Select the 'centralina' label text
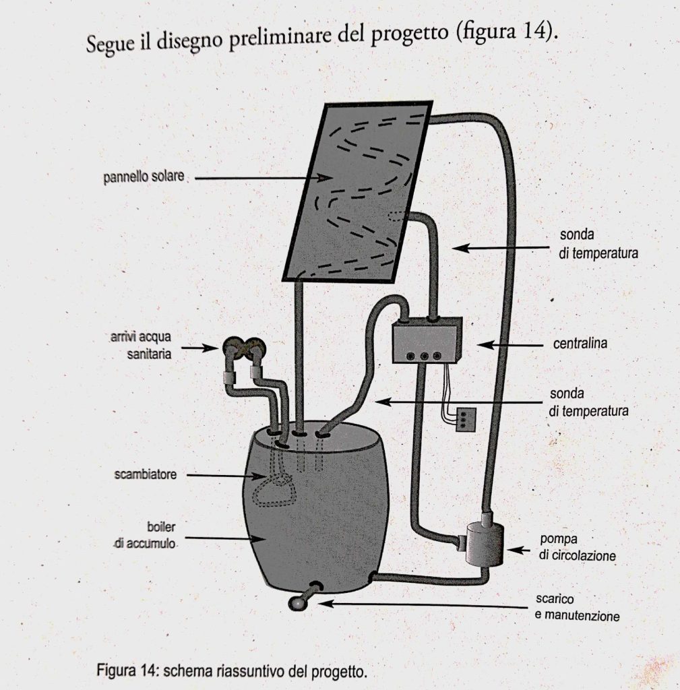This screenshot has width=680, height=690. coord(580,344)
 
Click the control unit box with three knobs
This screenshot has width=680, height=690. coord(427,341)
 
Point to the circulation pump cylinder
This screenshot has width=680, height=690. coord(483,542)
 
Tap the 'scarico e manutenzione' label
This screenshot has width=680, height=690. coord(576,607)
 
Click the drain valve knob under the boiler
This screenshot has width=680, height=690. coord(298,603)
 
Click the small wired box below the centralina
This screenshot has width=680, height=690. coord(466,418)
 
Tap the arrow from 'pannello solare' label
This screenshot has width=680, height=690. coord(263,178)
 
